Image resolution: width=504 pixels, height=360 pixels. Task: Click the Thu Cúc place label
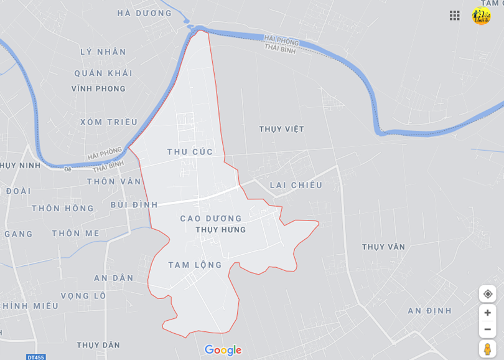pos(190,152)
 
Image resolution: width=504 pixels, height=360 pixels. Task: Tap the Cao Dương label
pos(210,219)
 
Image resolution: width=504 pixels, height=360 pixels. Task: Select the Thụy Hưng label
pos(220,230)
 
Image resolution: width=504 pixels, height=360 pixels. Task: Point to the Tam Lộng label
pos(195,265)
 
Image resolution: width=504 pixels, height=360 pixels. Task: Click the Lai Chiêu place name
pos(296,185)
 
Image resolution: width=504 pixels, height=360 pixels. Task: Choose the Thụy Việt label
pos(281,129)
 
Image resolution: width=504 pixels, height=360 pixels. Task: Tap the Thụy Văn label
pos(383,247)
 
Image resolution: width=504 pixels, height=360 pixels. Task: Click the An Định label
pos(429,311)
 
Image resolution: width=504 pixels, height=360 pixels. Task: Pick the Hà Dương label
pos(144,13)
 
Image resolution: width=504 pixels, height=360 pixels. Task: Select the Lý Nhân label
pos(103,52)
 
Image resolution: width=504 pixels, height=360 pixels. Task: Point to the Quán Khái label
pos(103,73)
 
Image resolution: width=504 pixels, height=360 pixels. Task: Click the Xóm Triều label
pos(109,122)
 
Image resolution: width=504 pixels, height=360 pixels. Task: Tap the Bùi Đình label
pos(134,204)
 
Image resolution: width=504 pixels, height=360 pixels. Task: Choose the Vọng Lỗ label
pos(83,296)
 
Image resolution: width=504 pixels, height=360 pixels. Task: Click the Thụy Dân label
pos(98,345)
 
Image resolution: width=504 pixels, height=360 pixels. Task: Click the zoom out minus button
pos(487,329)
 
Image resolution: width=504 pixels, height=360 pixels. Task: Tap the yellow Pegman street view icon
pos(487,349)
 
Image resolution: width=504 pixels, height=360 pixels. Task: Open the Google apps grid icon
pos(455,16)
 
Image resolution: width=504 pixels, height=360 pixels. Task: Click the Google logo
pos(223,350)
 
